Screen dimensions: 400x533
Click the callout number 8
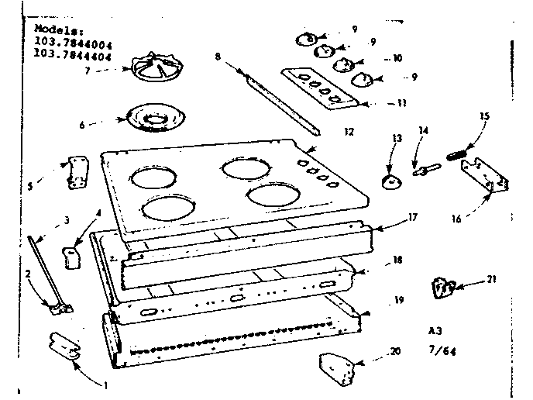[x=218, y=56]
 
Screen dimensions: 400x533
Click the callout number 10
[x=397, y=58]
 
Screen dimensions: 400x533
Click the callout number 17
[x=412, y=218]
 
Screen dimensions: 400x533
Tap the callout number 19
[x=399, y=298]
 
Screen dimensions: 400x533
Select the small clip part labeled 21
[x=443, y=288]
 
